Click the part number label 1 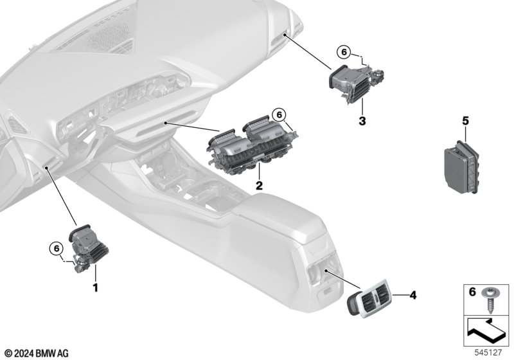(x=95, y=288)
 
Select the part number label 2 (x=259, y=186)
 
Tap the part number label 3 (x=362, y=121)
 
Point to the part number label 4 (x=413, y=295)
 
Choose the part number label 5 (x=465, y=121)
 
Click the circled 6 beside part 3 (x=344, y=52)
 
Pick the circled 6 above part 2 (x=279, y=115)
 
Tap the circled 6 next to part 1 (x=56, y=249)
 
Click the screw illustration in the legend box (x=489, y=298)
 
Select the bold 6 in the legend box (x=472, y=291)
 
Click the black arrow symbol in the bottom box (x=484, y=331)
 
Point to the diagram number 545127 (x=488, y=352)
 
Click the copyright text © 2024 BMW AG (x=37, y=354)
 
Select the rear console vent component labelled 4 (x=368, y=299)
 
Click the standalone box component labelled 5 (x=461, y=166)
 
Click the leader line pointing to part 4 (x=401, y=295)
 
